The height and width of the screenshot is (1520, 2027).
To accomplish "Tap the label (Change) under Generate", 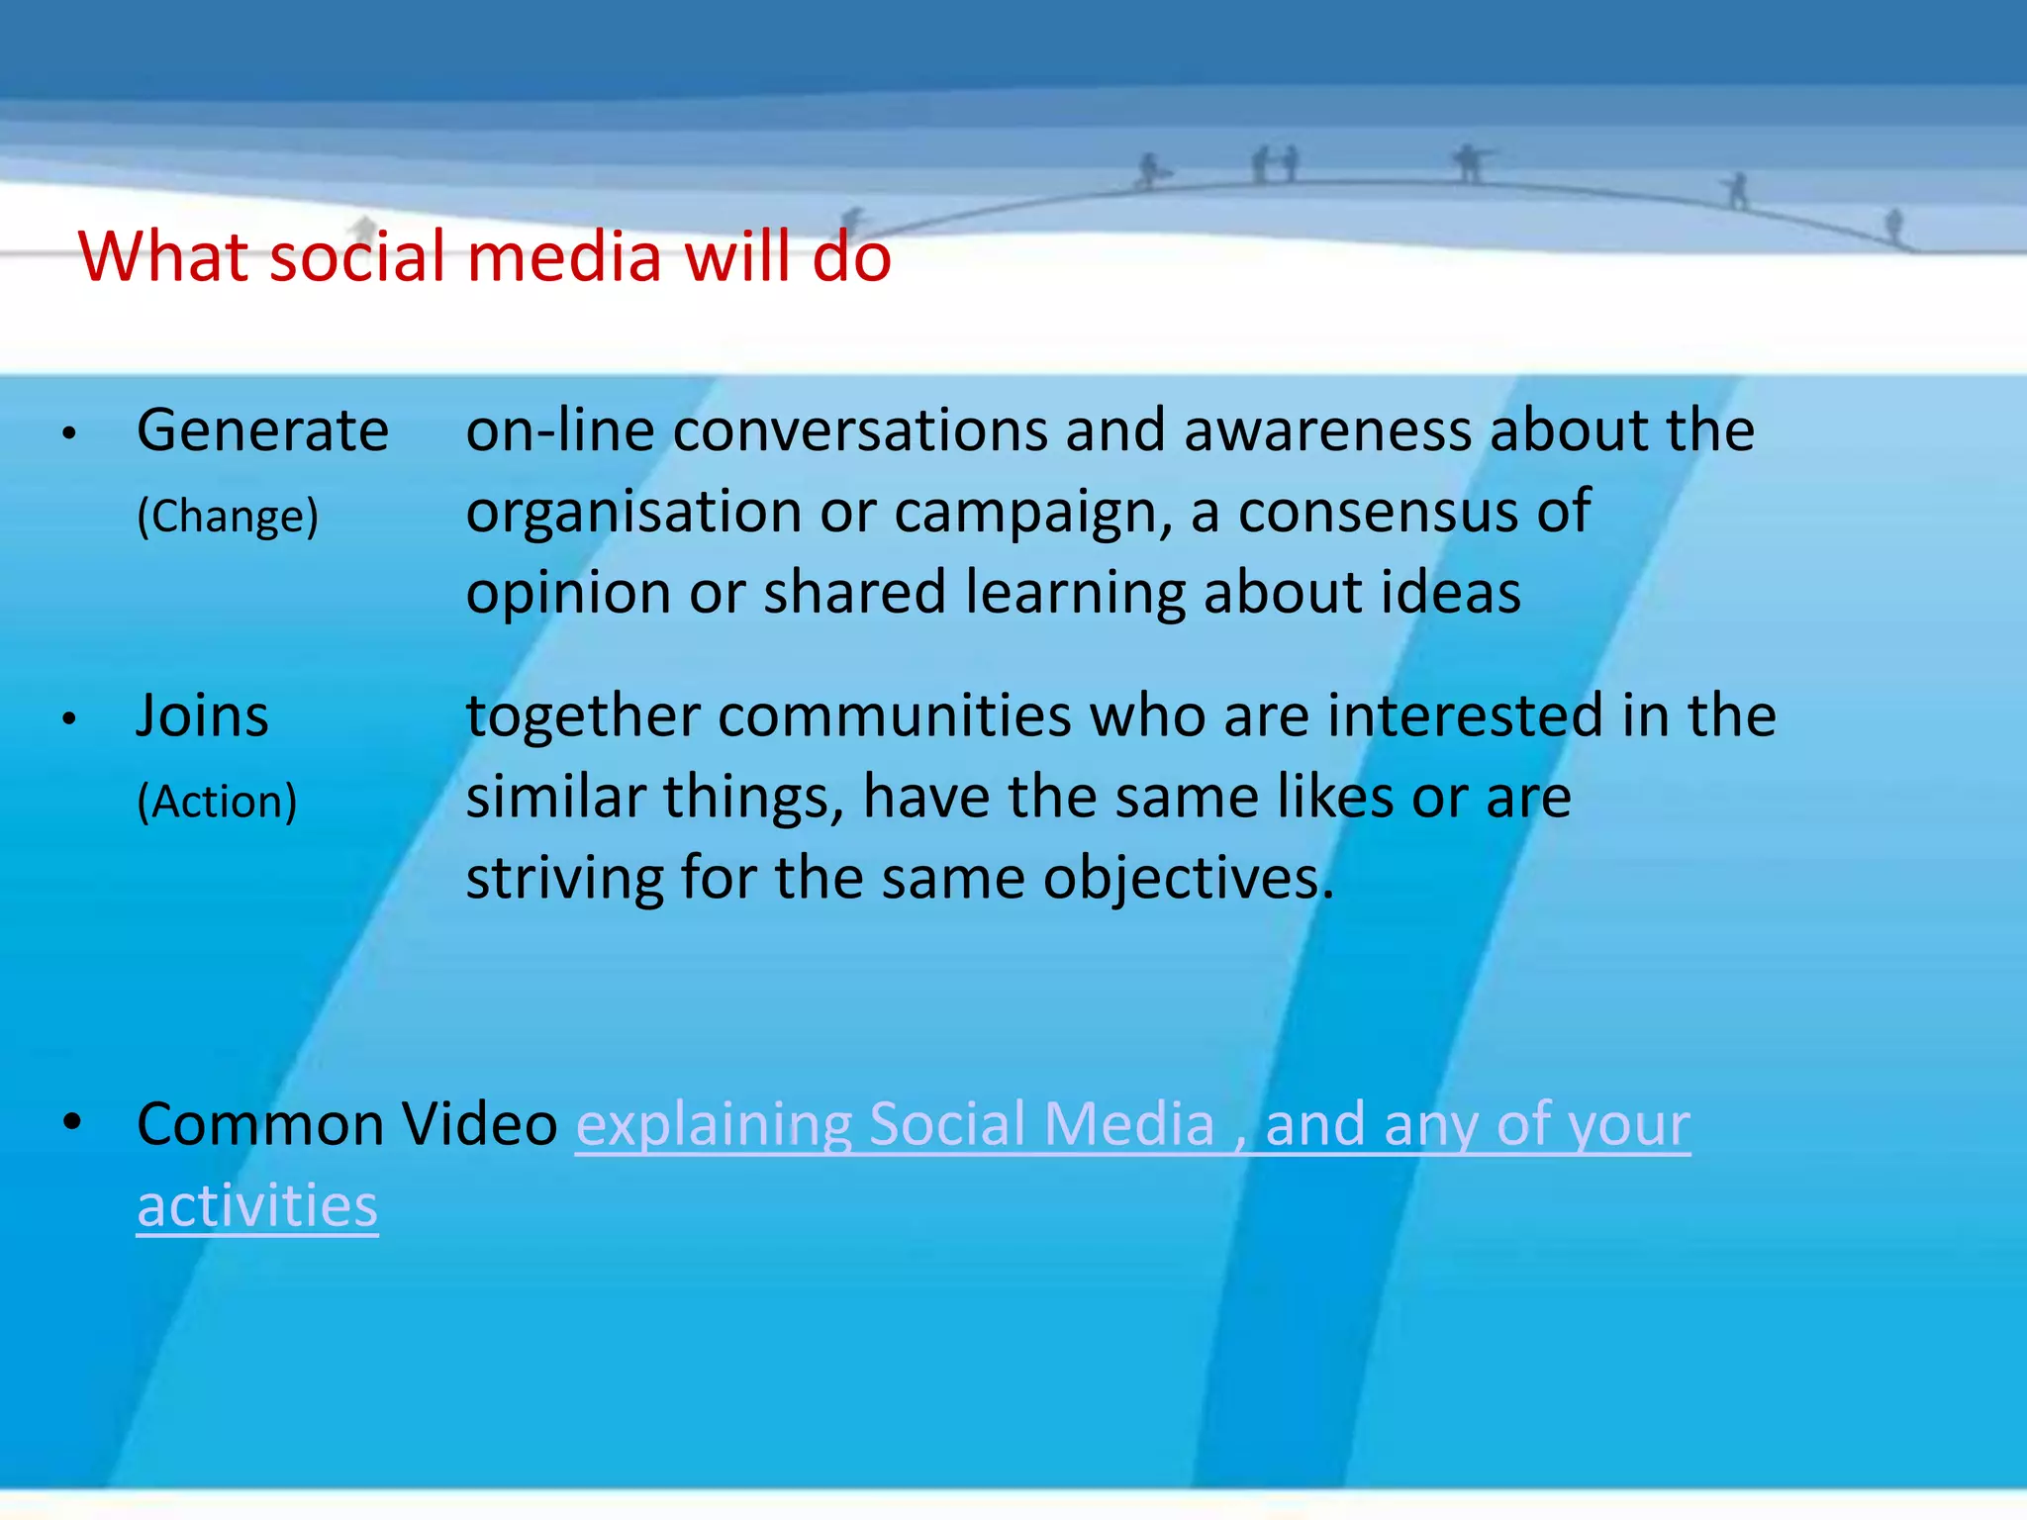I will pos(228,516).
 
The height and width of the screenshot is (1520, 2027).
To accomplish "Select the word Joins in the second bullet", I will pos(202,715).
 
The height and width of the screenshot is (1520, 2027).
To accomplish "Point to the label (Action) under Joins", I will pos(217,801).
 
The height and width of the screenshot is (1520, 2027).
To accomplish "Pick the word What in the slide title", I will pos(164,256).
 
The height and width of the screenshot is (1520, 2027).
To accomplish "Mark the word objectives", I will pos(1188,879).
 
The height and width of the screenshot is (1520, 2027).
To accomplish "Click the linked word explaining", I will pos(713,1125).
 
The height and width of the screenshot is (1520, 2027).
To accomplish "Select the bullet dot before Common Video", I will pos(71,1122).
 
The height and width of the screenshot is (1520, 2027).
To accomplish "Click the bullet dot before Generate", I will pos(68,433).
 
